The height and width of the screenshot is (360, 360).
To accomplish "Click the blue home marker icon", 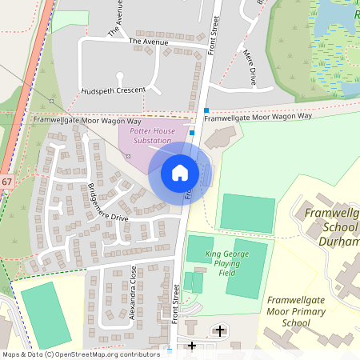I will tap(180, 172).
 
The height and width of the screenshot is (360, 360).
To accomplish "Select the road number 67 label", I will tap(6, 182).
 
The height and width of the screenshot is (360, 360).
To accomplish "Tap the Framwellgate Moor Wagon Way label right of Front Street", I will tap(258, 117).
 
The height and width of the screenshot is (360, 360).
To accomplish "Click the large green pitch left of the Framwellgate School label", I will tap(246, 213).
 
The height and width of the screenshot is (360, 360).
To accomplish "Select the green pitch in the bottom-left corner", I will tap(46, 314).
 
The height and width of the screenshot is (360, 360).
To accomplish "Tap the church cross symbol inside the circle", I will tap(220, 330).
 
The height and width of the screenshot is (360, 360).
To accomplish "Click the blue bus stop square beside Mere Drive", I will tap(206, 110).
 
